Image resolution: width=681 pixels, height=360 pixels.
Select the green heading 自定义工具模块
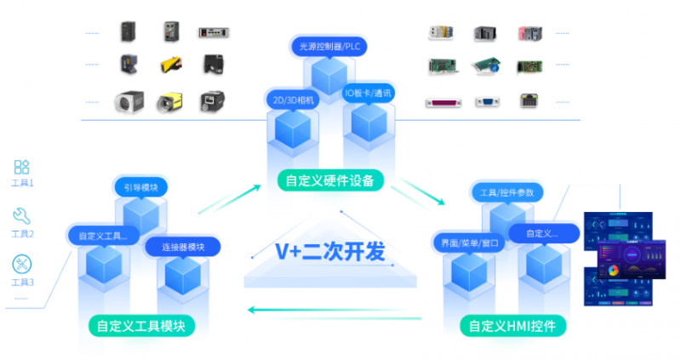pos(141,325)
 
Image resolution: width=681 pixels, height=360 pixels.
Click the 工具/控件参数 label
pos(506,192)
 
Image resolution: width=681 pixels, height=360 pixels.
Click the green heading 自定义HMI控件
pos(512,325)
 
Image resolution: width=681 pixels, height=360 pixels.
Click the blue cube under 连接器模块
pos(182,275)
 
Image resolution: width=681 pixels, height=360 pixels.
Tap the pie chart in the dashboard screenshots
pos(611,270)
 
